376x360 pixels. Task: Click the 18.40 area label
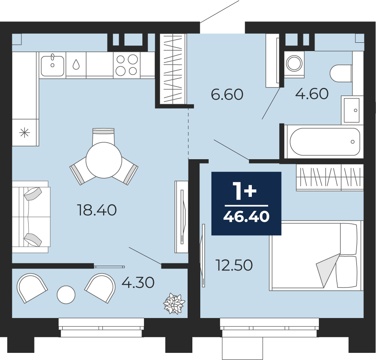tap(97, 210)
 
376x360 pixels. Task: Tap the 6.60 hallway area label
tap(227, 94)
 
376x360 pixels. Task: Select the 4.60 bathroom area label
tap(312, 93)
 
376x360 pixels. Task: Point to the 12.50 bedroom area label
tap(234, 265)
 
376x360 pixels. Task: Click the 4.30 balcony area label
tap(138, 283)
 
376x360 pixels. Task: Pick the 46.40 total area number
tap(246, 217)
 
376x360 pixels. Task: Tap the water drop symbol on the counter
tap(76, 64)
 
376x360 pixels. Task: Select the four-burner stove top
tap(127, 65)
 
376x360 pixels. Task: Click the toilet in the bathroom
tap(341, 73)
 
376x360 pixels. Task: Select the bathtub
tap(325, 141)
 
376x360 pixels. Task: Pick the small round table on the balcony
tap(66, 295)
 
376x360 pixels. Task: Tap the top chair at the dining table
tap(104, 136)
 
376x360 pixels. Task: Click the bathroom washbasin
tap(352, 110)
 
